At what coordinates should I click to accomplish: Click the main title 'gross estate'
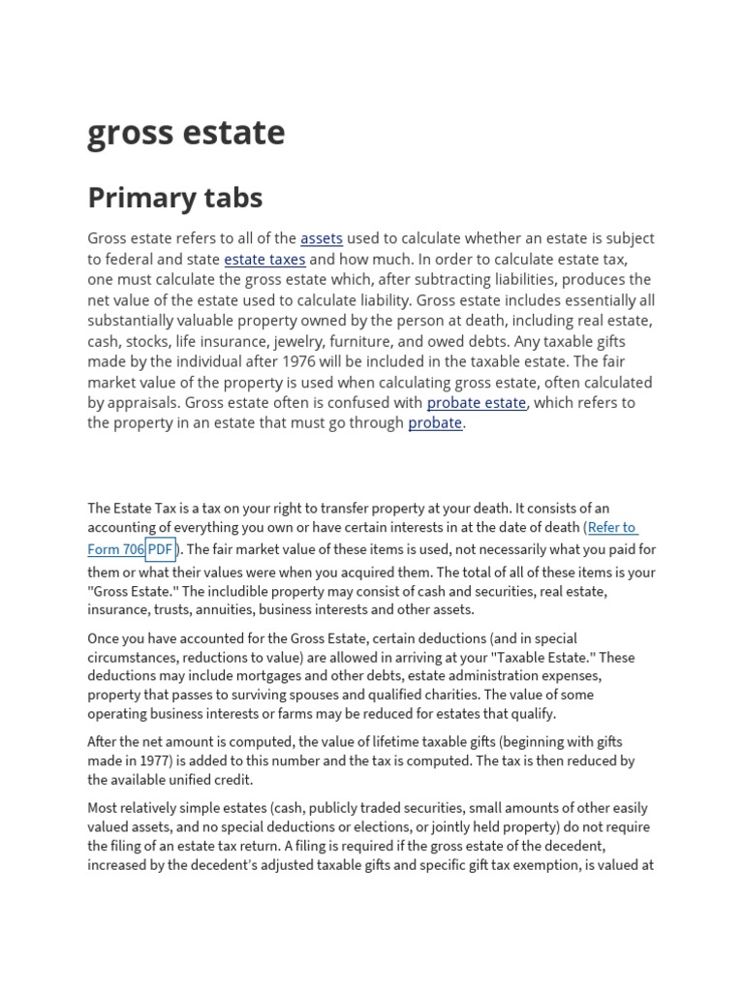186,133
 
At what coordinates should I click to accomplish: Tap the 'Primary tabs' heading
174,198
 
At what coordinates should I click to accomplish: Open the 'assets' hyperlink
322,238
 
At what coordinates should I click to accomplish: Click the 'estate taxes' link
264,260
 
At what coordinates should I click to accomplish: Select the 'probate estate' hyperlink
477,402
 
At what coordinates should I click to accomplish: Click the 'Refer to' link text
612,528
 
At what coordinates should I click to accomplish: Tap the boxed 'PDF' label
160,549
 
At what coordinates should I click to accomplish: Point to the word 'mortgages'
266,675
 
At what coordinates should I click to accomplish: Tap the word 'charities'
522,695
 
